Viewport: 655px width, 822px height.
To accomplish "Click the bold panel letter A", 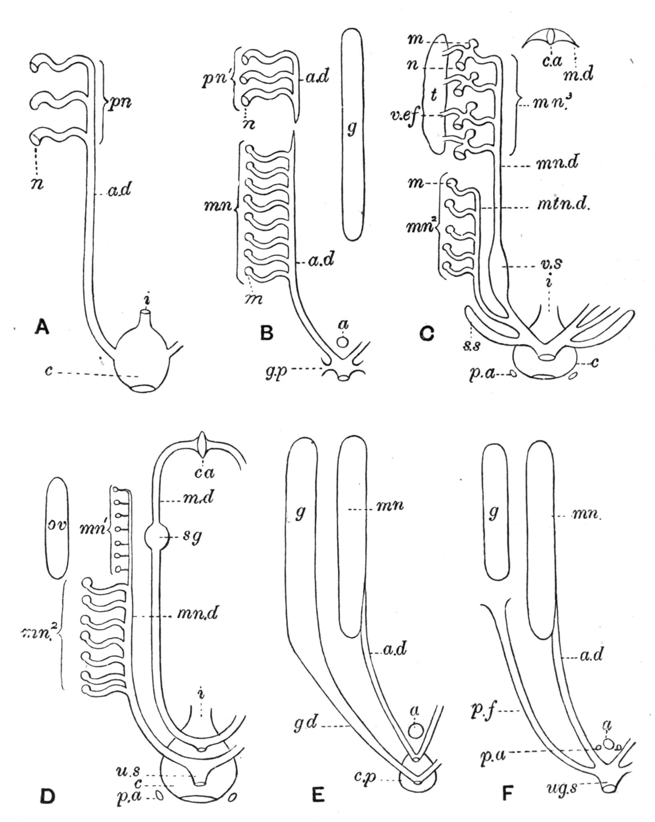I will pos(42,328).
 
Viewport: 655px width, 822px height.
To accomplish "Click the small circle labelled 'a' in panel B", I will pos(342,342).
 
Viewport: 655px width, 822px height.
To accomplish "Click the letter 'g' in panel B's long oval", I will pos(352,129).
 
